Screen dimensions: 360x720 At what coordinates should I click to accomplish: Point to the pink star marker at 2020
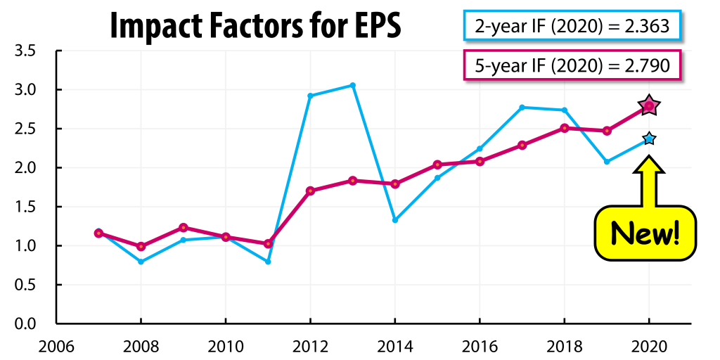[649, 105]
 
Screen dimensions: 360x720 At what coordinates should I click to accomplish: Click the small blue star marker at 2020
[649, 139]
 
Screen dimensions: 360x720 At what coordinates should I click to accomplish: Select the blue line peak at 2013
[352, 85]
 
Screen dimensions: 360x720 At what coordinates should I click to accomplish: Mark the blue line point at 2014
[395, 220]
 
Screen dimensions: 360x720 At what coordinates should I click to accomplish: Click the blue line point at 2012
[310, 96]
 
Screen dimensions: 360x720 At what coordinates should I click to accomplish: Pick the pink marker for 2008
[141, 246]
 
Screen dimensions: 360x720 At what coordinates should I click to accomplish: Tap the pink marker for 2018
[565, 128]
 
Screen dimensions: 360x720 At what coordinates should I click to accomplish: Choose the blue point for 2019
[607, 162]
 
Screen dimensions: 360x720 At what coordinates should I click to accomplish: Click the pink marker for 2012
[310, 191]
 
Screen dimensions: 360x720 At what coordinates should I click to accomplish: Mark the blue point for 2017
[522, 107]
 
